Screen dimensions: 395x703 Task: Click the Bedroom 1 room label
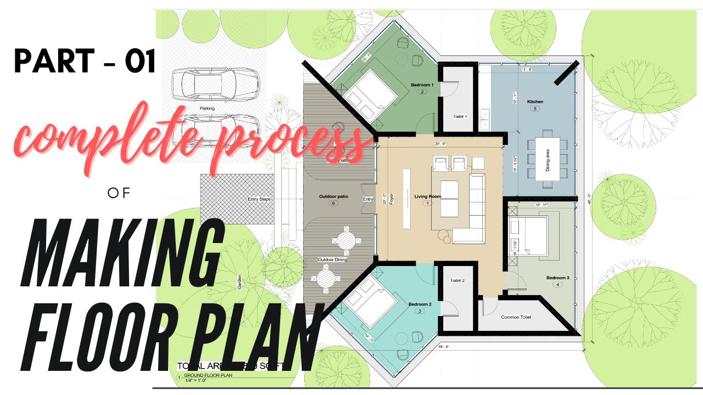click(x=422, y=85)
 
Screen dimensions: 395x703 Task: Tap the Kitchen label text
click(x=535, y=101)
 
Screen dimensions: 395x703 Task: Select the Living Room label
click(x=427, y=196)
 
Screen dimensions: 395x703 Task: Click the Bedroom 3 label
click(x=557, y=278)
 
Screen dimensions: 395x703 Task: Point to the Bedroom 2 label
click(x=420, y=304)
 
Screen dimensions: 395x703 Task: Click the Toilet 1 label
click(x=460, y=116)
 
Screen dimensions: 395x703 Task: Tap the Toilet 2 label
click(x=457, y=280)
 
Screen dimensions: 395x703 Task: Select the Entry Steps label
click(x=259, y=199)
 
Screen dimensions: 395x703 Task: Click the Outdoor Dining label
click(x=332, y=259)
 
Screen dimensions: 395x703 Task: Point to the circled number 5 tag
click(x=535, y=109)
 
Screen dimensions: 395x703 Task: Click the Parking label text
click(x=207, y=109)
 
